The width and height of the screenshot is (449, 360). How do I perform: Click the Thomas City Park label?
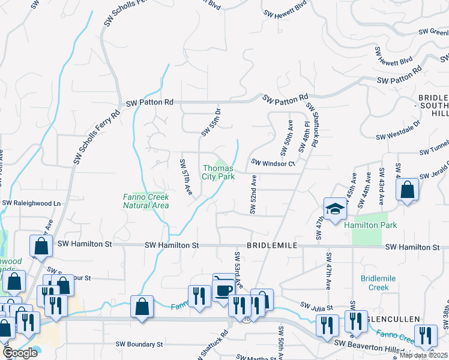click(x=218, y=173)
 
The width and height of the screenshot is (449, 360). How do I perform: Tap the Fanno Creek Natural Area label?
click(x=145, y=201)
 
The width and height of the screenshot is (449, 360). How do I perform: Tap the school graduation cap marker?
click(x=336, y=208)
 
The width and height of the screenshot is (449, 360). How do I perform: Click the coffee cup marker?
click(x=224, y=290)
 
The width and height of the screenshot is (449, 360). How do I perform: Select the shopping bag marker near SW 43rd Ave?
click(x=407, y=190)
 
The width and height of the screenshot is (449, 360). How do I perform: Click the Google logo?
click(x=20, y=353)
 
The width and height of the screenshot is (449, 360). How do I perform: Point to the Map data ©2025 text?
click(x=423, y=355)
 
